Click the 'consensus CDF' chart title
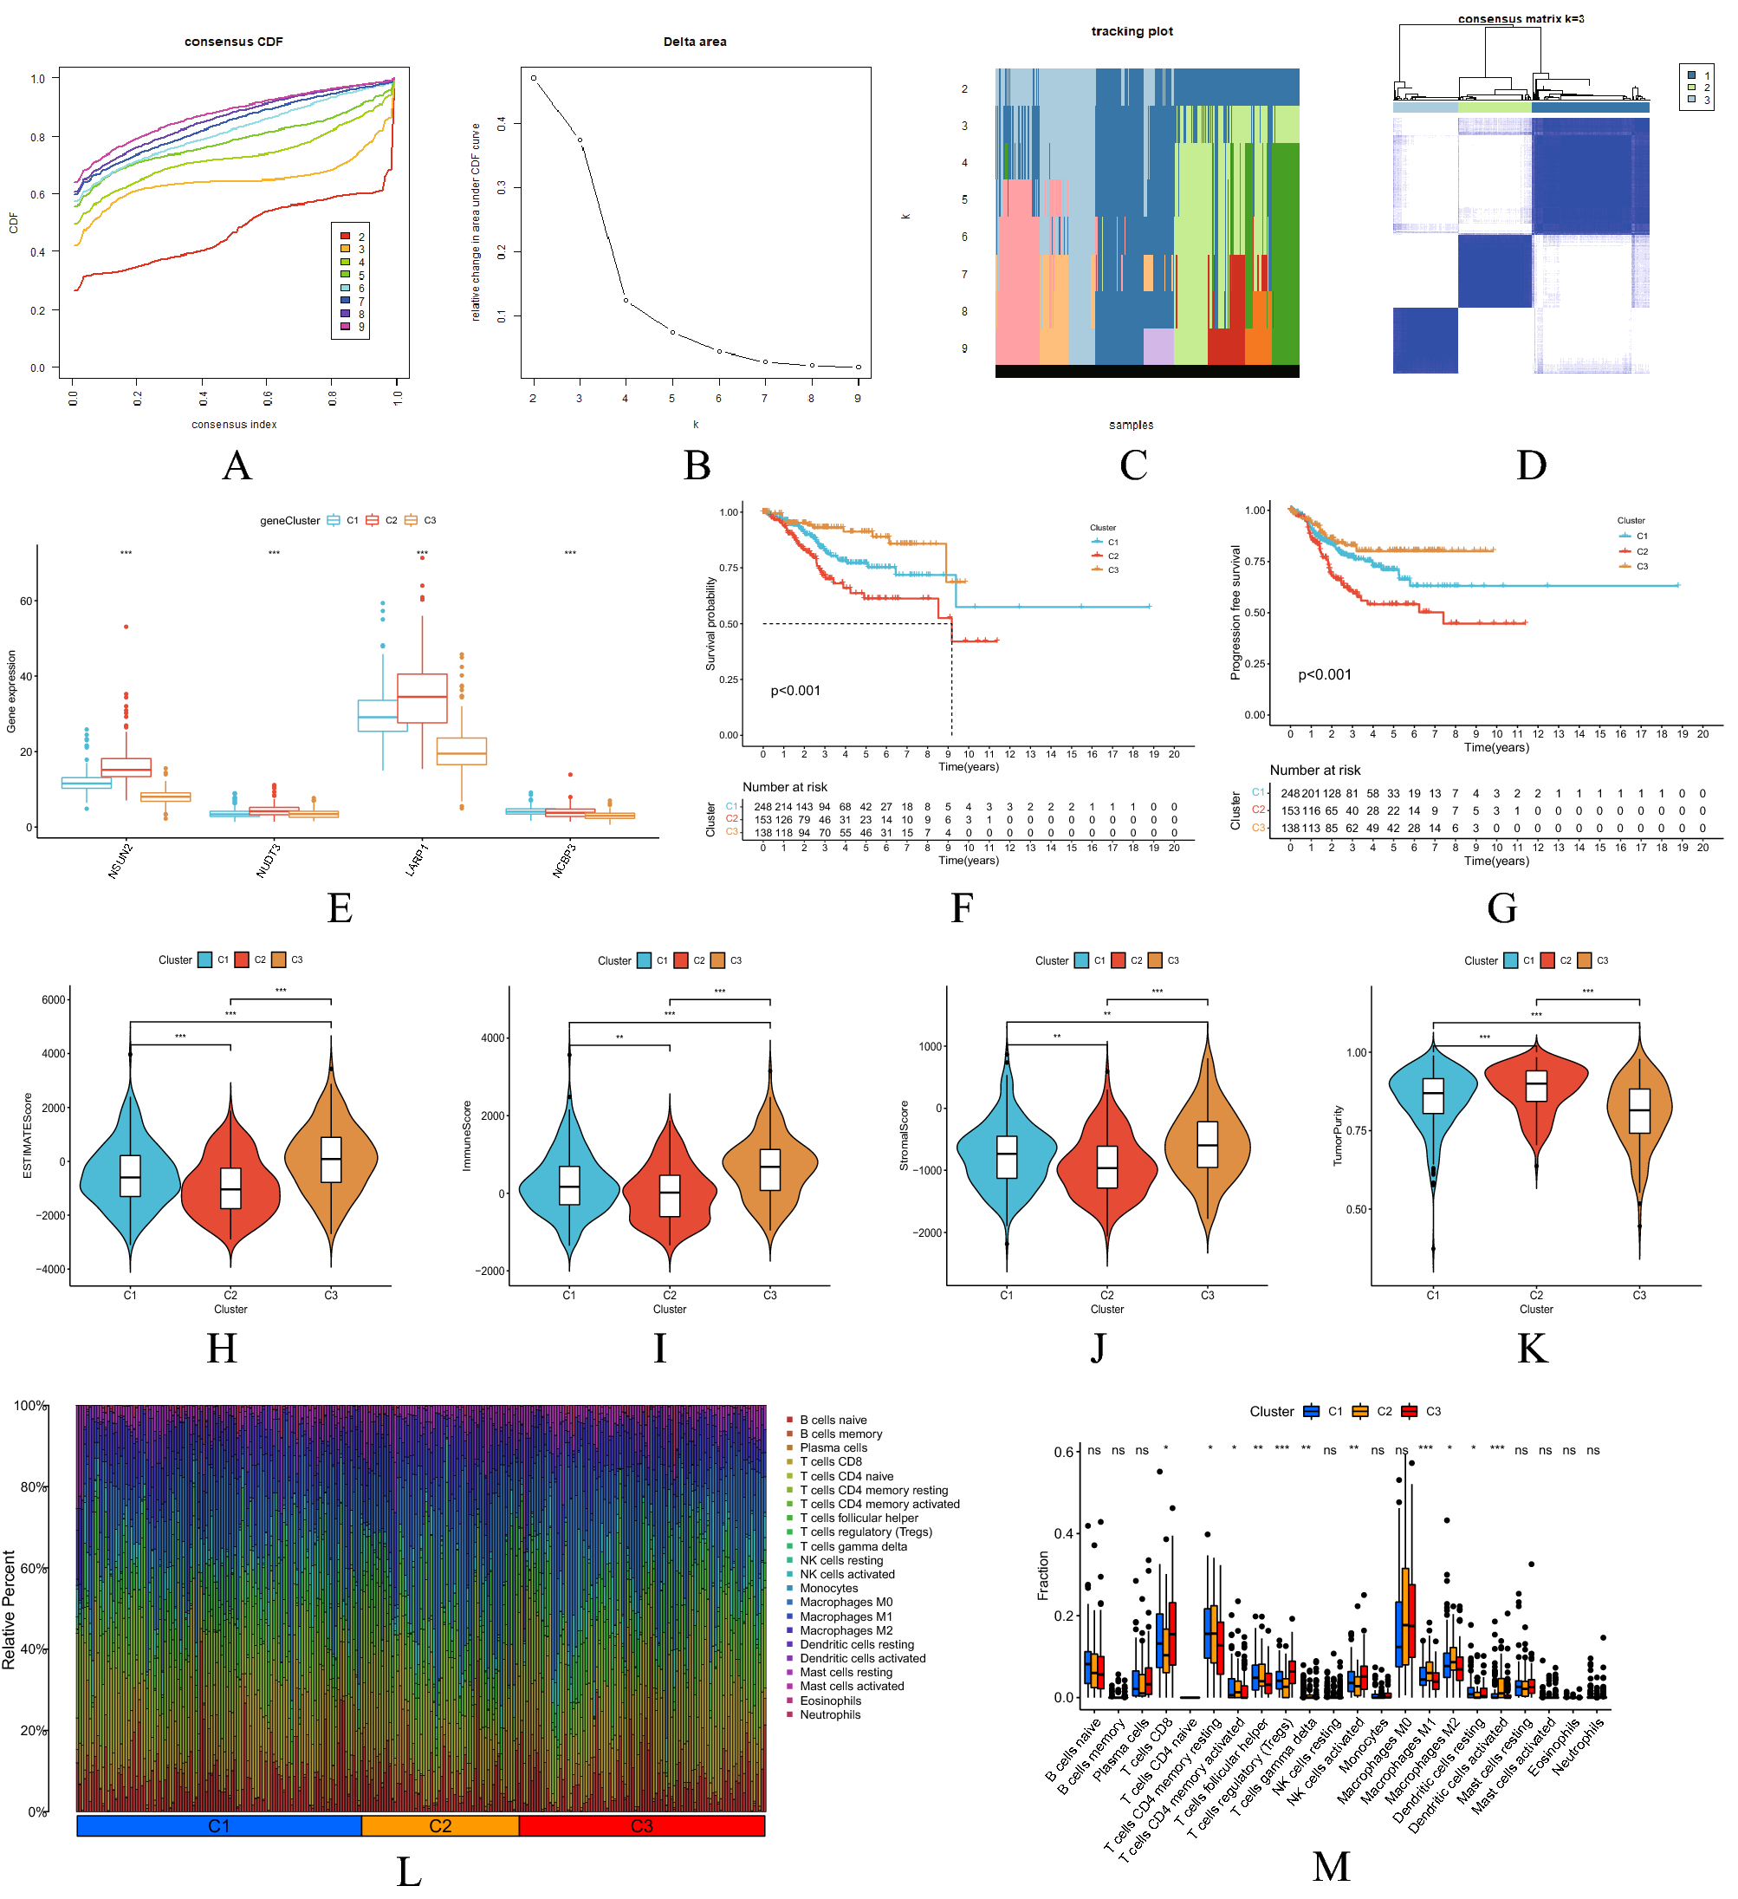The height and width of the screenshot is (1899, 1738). coord(233,42)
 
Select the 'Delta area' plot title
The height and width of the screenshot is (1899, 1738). coord(695,42)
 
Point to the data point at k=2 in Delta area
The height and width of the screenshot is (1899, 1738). coord(534,78)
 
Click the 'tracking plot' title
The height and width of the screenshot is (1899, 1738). coord(1132,31)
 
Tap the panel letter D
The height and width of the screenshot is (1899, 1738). coord(1531,465)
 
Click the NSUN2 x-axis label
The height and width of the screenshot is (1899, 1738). coord(120,861)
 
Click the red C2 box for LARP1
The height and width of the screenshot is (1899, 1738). coord(422,698)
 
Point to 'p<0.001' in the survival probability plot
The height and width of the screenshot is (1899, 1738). coord(795,691)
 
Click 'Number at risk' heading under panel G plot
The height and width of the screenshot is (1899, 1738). coord(1314,771)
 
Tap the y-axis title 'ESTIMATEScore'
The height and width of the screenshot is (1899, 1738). coord(28,1135)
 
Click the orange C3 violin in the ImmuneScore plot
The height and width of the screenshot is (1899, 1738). coord(770,1168)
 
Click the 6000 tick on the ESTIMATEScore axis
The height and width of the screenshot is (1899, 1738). coord(53,999)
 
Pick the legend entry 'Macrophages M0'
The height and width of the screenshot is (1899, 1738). coord(846,1602)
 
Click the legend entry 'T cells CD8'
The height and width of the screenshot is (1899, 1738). coord(830,1461)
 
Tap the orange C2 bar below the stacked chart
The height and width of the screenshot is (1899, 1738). coord(439,1825)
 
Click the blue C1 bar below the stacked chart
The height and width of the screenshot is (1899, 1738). coord(218,1825)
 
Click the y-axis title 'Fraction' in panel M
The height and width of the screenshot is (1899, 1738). coord(1043,1575)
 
